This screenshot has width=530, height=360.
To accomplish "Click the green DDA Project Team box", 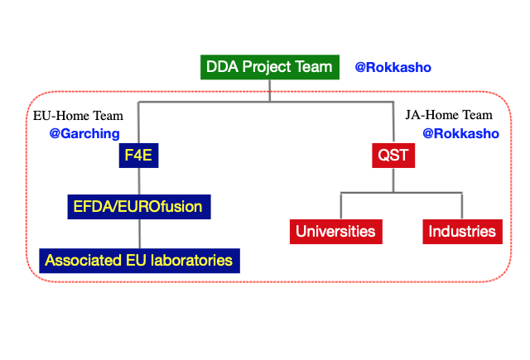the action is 270,67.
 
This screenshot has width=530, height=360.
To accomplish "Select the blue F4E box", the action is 138,156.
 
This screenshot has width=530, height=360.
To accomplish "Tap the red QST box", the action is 393,156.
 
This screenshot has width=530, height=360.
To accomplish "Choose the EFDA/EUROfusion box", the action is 139,207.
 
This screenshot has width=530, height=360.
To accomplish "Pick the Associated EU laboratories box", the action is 140,261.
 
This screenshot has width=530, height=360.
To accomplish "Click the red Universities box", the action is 336,232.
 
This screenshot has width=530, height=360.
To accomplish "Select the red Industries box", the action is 462,232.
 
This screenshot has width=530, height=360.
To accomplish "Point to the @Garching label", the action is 84,133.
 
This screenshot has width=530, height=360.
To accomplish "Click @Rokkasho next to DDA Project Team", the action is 393,67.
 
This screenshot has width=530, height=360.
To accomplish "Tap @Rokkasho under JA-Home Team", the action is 461,133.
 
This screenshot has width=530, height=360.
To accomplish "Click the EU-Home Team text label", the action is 78,116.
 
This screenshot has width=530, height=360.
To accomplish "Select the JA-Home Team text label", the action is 449,115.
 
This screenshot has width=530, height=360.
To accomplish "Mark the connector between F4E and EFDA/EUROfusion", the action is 139,181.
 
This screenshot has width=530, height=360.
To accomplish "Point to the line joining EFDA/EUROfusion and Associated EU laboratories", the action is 140,234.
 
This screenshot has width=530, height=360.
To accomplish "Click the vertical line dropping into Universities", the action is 340,206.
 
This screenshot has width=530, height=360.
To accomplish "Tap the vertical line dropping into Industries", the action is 462,206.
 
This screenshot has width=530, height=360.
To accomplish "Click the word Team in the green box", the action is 314,67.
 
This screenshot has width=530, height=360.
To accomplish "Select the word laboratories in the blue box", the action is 191,261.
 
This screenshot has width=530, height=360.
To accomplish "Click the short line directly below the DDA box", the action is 270,90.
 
